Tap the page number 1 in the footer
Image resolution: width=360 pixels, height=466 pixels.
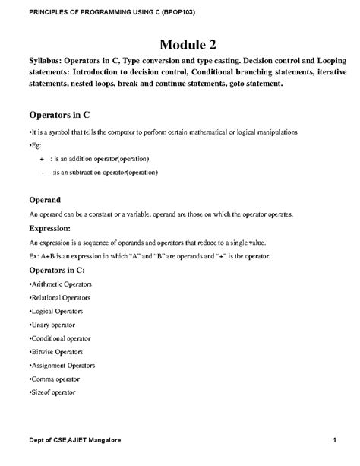click(334, 441)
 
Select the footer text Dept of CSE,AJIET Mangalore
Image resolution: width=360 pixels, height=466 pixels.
click(74, 441)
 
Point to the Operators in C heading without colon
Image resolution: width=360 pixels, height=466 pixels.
click(59, 115)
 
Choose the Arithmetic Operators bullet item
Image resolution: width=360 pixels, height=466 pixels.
click(60, 284)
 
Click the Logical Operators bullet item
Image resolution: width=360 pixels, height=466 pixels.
click(56, 311)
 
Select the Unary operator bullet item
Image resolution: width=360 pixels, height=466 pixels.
click(53, 325)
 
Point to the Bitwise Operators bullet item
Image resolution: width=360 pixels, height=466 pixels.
click(56, 351)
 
